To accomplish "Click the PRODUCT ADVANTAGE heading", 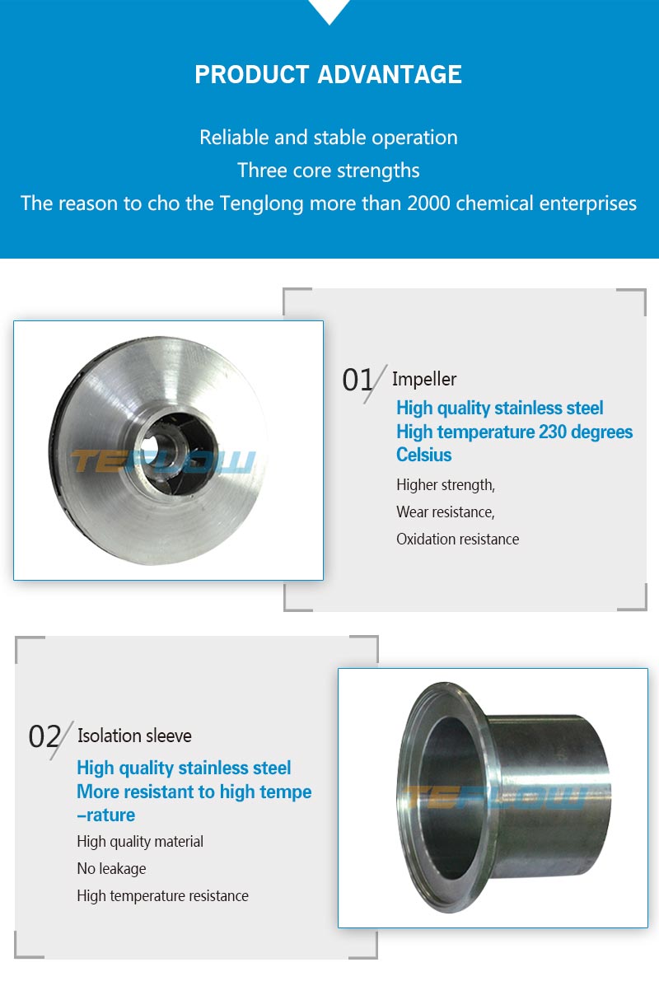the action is pyautogui.click(x=328, y=74).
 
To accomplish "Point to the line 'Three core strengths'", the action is pyautogui.click(x=329, y=171).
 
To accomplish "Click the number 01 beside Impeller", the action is pyautogui.click(x=358, y=380).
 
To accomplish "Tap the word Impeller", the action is pyautogui.click(x=424, y=379).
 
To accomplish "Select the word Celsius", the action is pyautogui.click(x=423, y=455).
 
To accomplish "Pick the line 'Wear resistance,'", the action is pyautogui.click(x=446, y=512).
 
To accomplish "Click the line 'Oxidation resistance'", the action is pyautogui.click(x=457, y=540).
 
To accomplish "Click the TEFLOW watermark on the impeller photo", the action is pyautogui.click(x=163, y=462).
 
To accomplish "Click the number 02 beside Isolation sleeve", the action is pyautogui.click(x=44, y=736).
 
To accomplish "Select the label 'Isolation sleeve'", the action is pyautogui.click(x=134, y=736).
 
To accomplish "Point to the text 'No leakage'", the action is pyautogui.click(x=111, y=869).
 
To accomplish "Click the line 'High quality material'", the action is pyautogui.click(x=140, y=842).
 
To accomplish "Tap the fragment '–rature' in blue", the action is pyautogui.click(x=105, y=815).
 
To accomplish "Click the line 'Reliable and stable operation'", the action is pyautogui.click(x=329, y=138).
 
